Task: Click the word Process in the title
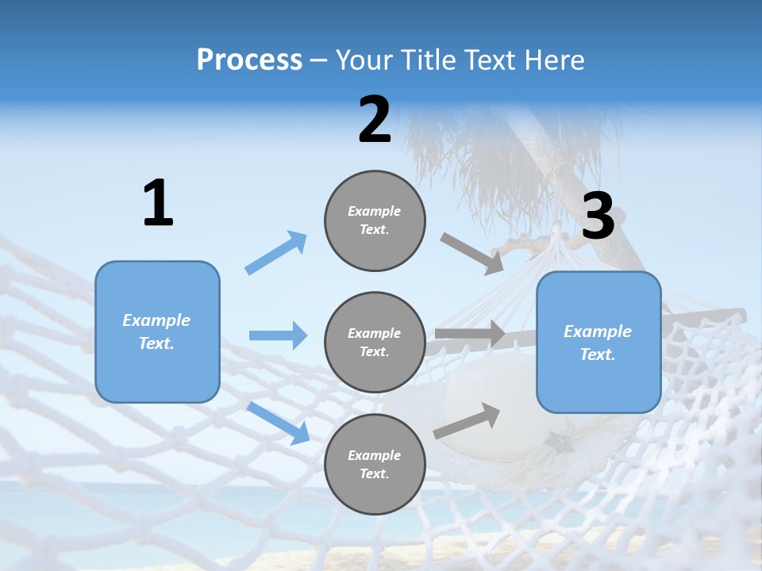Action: click(250, 60)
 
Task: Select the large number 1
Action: click(159, 202)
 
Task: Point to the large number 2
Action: click(375, 120)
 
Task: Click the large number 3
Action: click(598, 215)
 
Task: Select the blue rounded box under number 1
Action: click(157, 332)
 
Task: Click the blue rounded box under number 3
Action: click(598, 343)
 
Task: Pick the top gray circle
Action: click(375, 220)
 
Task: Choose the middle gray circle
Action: click(375, 343)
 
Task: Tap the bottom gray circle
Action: click(375, 464)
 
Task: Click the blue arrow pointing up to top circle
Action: click(275, 252)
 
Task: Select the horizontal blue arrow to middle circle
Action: click(279, 335)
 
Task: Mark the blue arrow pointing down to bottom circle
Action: click(279, 423)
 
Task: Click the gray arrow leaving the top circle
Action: click(471, 254)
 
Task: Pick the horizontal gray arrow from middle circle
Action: click(470, 334)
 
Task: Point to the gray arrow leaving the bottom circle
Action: click(467, 421)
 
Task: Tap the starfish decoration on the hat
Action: click(558, 443)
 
